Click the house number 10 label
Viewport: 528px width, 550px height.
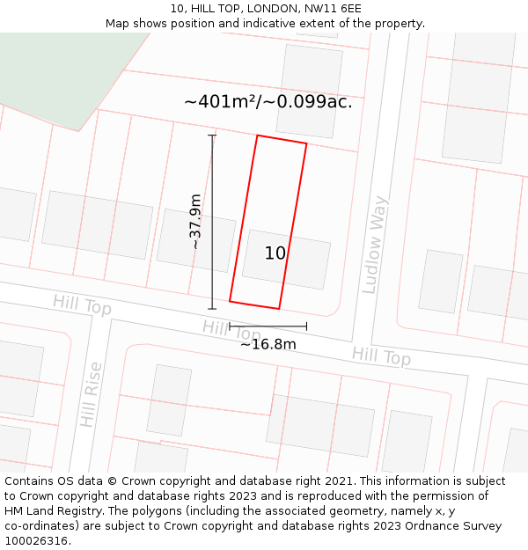[x=275, y=253]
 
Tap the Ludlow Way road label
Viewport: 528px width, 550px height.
[x=375, y=244]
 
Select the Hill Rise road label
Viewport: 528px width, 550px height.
[x=91, y=394]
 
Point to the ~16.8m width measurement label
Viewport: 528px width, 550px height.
[x=268, y=344]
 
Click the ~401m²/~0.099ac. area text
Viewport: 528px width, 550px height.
[x=268, y=102]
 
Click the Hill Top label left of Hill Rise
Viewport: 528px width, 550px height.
[x=82, y=305]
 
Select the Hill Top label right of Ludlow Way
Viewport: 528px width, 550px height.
[x=381, y=357]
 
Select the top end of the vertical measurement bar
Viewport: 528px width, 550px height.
[x=212, y=136]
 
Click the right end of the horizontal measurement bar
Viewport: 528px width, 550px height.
[x=307, y=326]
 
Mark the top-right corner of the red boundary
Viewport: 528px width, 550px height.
[x=306, y=143]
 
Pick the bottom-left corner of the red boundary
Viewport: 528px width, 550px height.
[x=230, y=301]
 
